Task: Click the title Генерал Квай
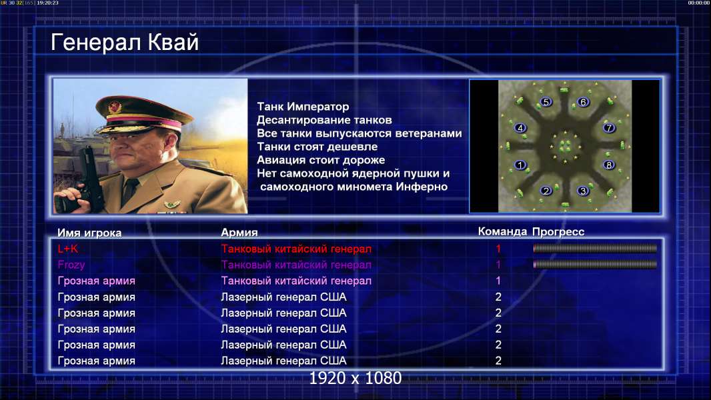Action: pos(125,43)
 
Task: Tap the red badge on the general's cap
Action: pos(114,107)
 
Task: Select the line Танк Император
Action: pos(303,107)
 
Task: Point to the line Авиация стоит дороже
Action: pos(321,160)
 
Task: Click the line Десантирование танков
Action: pos(324,120)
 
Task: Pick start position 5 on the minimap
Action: pos(546,102)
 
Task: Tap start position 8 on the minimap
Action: pos(608,165)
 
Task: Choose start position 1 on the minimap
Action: pos(520,165)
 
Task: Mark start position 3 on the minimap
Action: pos(583,191)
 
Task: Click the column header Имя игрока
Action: pos(89,233)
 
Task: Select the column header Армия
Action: pos(239,233)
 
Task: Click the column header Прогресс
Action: pos(558,232)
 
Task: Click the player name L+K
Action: pos(68,249)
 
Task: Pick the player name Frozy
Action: pos(71,265)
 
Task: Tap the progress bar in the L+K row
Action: pos(595,248)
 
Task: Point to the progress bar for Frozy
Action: pos(595,264)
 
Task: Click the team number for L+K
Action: pos(498,249)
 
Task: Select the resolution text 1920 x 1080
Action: pos(355,378)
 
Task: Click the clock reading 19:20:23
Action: pos(47,3)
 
